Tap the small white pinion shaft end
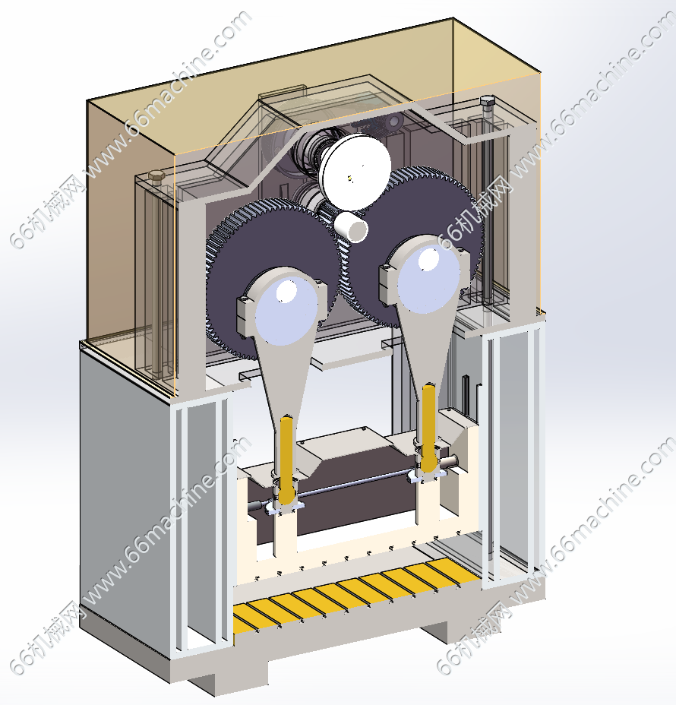coord(351,226)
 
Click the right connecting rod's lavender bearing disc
coord(428,279)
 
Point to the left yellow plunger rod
coord(286,459)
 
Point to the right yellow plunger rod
coord(428,427)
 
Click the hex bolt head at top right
coord(487,100)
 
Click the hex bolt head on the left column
coord(157,175)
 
